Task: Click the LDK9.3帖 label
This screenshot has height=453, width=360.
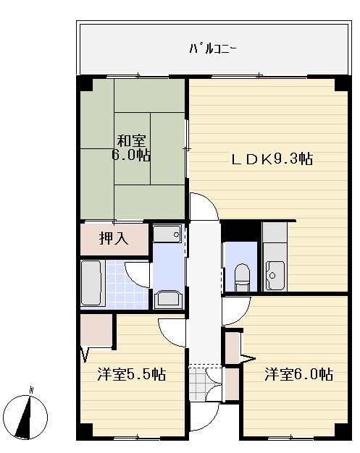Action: coord(272,159)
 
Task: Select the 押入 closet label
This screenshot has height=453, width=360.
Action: coord(113,238)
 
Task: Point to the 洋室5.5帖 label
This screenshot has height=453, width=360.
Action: coord(132,375)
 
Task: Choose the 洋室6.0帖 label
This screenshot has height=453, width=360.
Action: coord(298,375)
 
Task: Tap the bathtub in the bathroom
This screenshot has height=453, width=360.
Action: coord(91,283)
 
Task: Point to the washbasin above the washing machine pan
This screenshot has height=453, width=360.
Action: coord(167,234)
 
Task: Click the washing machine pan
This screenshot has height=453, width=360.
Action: coord(168,298)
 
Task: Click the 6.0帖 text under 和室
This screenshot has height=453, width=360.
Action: coord(131,156)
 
